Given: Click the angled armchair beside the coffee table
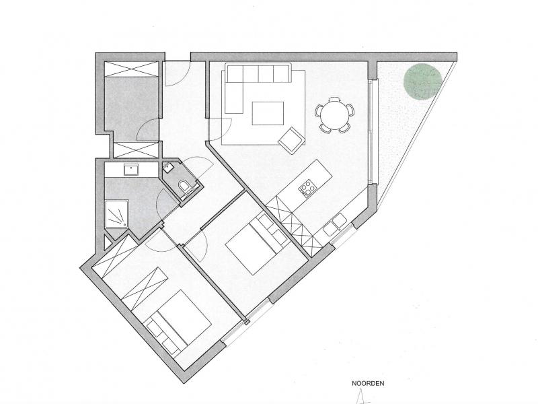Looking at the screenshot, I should coord(291,139).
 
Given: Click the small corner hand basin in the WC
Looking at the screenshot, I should coord(168,168).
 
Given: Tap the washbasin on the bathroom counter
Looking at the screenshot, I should coord(130,169).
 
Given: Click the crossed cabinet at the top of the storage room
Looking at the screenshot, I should coord(132,69).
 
